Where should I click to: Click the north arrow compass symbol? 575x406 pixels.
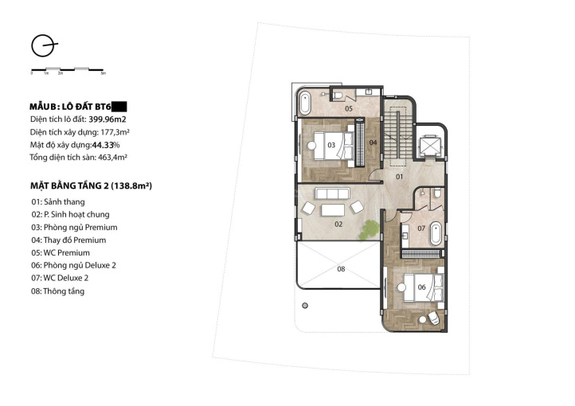(43, 46)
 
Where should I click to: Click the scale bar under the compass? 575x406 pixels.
(68, 69)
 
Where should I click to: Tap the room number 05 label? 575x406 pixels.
(348, 108)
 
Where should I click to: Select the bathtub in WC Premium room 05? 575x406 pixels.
(305, 103)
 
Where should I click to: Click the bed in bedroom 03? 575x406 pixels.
(333, 146)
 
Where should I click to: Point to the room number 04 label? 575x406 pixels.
(373, 142)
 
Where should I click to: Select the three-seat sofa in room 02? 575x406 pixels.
(332, 193)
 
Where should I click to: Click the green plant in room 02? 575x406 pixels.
(370, 230)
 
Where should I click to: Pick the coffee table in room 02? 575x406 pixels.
(333, 210)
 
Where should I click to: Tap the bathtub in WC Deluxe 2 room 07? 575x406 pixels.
(436, 233)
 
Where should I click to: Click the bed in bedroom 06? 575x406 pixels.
(422, 287)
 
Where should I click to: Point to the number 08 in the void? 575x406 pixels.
(341, 269)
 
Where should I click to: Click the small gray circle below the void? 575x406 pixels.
(305, 306)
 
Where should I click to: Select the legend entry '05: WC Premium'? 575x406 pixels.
(61, 253)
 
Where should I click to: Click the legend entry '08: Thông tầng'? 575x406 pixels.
(58, 291)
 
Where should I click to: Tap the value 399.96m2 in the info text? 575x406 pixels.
(108, 119)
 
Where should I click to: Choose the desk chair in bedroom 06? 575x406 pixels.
(433, 318)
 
